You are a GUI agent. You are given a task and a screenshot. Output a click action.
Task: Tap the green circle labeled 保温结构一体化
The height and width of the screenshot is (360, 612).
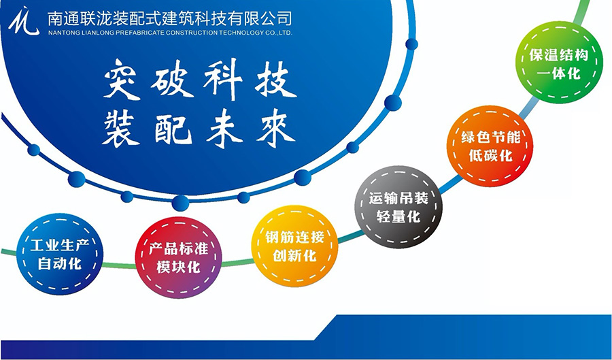pos(559,62)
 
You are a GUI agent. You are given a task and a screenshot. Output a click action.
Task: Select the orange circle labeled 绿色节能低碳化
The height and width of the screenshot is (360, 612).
pos(490,146)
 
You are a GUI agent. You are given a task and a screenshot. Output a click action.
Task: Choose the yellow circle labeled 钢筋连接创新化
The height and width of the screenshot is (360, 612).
pos(294,246)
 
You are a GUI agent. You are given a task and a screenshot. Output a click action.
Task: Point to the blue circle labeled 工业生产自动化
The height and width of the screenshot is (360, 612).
pos(60,254)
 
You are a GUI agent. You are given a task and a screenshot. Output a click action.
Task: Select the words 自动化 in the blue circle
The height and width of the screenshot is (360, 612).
pos(60,263)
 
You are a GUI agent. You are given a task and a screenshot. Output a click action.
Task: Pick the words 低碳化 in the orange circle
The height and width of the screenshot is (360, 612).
pos(490,155)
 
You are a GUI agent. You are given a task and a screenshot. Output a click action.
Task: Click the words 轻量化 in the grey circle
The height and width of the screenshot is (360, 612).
pos(398,216)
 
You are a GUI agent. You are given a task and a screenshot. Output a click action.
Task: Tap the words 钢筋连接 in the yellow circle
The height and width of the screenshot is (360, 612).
pos(294,237)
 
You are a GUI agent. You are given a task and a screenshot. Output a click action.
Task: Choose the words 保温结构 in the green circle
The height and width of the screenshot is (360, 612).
pos(558,54)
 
